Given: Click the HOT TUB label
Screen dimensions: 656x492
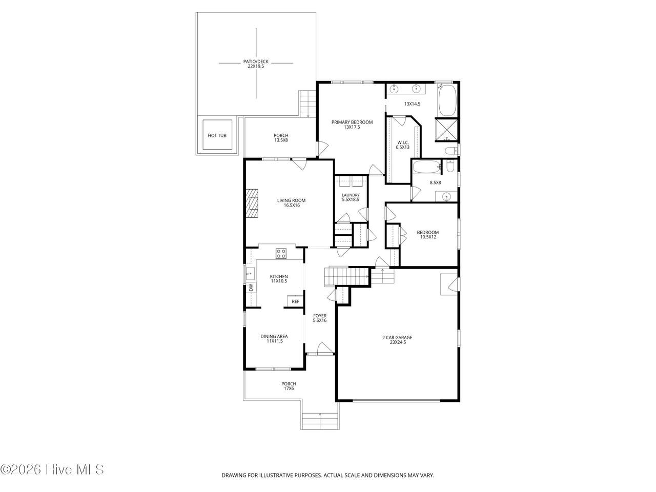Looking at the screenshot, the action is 217,135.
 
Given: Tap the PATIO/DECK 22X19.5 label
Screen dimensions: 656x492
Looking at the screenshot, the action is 256,64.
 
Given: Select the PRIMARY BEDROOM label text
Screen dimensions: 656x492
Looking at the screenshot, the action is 352,122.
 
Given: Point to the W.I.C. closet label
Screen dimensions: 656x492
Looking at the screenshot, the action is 402,142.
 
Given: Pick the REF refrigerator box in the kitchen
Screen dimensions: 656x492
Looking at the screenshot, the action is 295,301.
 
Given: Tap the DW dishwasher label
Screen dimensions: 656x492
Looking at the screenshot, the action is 251,288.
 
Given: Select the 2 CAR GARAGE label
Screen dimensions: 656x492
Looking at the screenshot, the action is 397,337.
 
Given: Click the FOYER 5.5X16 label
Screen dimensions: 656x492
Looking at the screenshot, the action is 319,318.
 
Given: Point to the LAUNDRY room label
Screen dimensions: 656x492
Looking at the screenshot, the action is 351,195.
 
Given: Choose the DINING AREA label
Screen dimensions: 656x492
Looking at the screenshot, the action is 274,336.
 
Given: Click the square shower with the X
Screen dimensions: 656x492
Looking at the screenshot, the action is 446,130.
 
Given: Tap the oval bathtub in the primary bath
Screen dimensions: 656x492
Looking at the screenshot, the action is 447,100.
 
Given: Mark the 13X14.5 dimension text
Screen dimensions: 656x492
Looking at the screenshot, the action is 412,104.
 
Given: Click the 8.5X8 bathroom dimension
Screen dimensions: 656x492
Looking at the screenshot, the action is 435,182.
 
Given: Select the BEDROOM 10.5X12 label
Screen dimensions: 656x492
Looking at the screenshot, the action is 427,235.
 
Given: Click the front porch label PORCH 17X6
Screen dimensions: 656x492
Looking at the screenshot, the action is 289,386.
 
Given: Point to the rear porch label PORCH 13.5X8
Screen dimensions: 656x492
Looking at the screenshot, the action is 281,138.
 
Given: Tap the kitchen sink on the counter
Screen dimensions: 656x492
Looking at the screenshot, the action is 250,273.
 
